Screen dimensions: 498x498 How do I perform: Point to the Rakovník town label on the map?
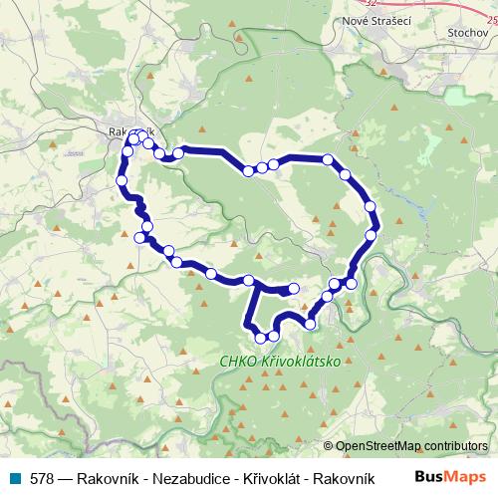(x=131, y=130)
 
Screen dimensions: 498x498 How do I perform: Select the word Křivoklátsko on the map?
(x=298, y=364)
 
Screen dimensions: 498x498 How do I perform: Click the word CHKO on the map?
(x=237, y=364)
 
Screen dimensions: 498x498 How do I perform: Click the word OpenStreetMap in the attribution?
(x=376, y=446)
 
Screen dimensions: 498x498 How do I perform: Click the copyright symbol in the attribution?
(x=328, y=446)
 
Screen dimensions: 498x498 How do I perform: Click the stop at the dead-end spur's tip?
(x=294, y=289)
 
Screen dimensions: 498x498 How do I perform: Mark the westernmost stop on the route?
(x=122, y=180)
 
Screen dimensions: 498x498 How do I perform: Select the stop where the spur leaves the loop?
(x=251, y=282)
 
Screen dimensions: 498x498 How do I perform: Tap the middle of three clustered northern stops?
(x=261, y=167)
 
